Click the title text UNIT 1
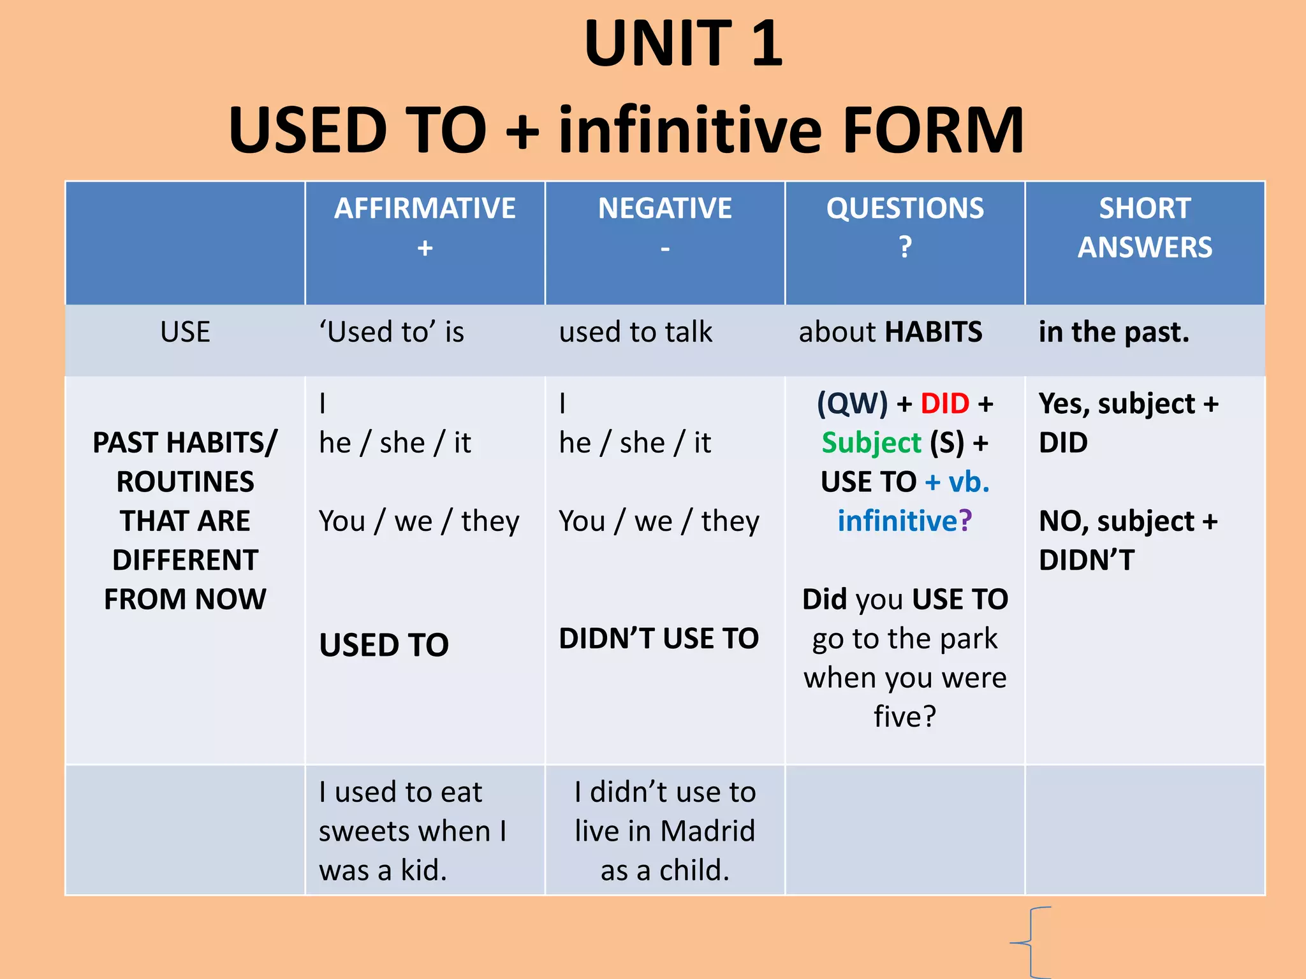click(x=683, y=43)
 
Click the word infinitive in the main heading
click(x=690, y=130)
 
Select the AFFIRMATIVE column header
click(x=425, y=208)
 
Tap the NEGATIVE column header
click(x=664, y=208)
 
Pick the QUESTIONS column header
click(x=905, y=208)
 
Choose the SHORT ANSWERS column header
click(x=1145, y=228)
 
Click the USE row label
click(x=185, y=332)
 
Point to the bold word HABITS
click(x=934, y=332)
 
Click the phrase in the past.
click(x=1113, y=332)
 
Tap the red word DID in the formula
click(x=944, y=403)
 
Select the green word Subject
click(x=871, y=442)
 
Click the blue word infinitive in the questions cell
click(x=897, y=521)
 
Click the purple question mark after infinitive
click(x=965, y=521)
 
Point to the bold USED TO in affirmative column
click(x=384, y=644)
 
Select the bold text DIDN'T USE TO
click(x=659, y=638)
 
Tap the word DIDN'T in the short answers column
click(x=1087, y=560)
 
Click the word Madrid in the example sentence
click(x=707, y=831)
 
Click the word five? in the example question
click(x=904, y=716)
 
